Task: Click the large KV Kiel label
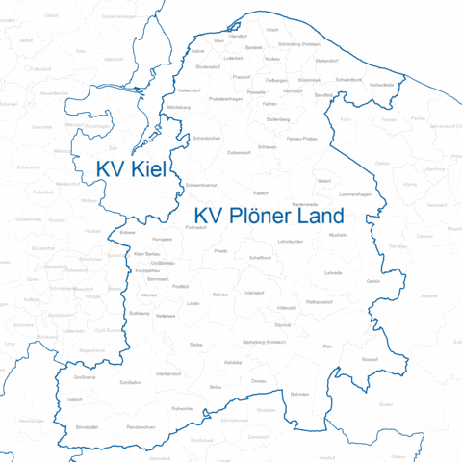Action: pos(131,169)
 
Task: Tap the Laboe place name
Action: pos(198,50)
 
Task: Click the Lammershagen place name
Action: pos(355,194)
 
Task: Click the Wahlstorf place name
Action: pos(255,292)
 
